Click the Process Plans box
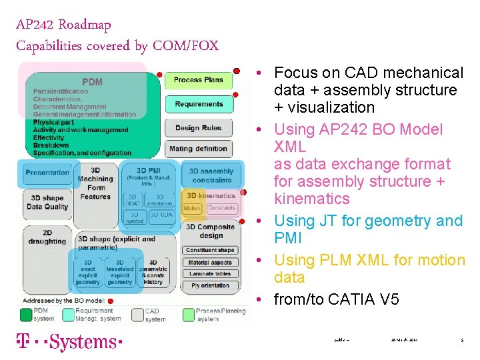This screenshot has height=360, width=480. coord(198,80)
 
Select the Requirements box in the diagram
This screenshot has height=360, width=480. coord(199,104)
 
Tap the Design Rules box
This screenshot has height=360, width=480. coord(198,128)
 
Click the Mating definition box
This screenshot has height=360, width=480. coord(198,149)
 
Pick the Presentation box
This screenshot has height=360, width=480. coord(47,173)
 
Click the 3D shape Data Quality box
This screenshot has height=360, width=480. coord(47,202)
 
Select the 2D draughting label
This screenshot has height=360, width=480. coord(47,237)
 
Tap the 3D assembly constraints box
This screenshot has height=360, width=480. coord(212,175)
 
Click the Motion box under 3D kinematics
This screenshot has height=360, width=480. coord(192,208)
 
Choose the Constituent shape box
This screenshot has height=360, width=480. coord(210,250)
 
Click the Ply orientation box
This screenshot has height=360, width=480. coord(210,285)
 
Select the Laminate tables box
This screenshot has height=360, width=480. coord(210,273)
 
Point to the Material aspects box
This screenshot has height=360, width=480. coord(210,262)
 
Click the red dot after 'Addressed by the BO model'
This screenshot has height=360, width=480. coord(111,301)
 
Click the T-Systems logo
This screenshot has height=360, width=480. coord(69,342)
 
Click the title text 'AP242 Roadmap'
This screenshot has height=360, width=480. coord(63,25)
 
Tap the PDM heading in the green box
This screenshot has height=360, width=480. coord(92,82)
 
